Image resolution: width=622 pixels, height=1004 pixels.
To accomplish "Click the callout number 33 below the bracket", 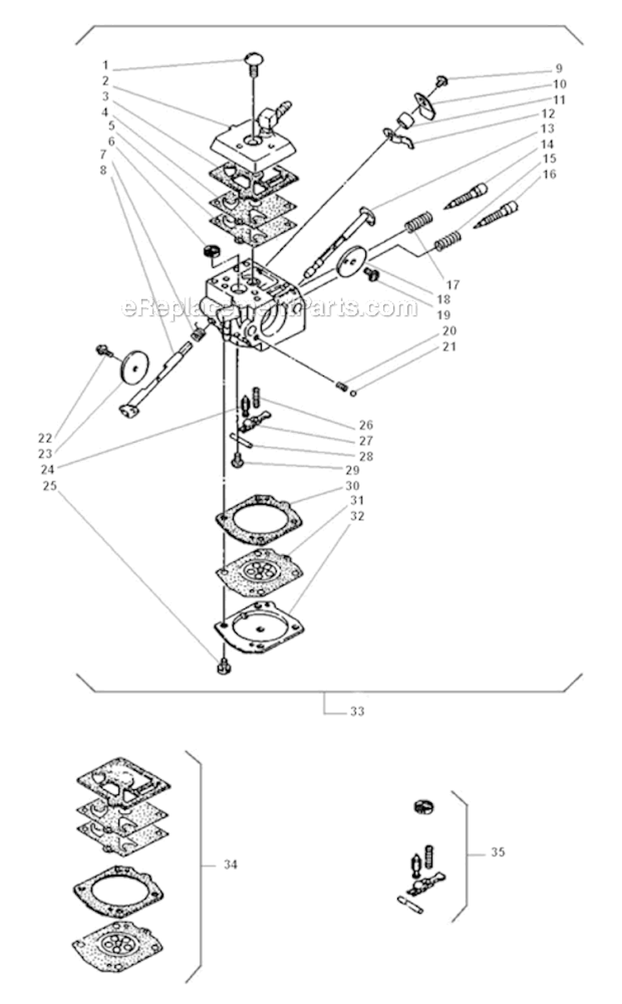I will [357, 711].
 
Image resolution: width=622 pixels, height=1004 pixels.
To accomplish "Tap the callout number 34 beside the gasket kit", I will [231, 865].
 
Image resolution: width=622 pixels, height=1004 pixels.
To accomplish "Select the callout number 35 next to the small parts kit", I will [498, 852].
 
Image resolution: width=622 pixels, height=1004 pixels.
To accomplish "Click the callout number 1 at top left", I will [105, 65].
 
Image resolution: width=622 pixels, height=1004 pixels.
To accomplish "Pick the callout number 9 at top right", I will [559, 68].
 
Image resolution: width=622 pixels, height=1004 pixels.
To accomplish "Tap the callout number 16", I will [549, 174].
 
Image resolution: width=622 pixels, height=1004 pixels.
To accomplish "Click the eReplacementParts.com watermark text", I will [270, 309].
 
